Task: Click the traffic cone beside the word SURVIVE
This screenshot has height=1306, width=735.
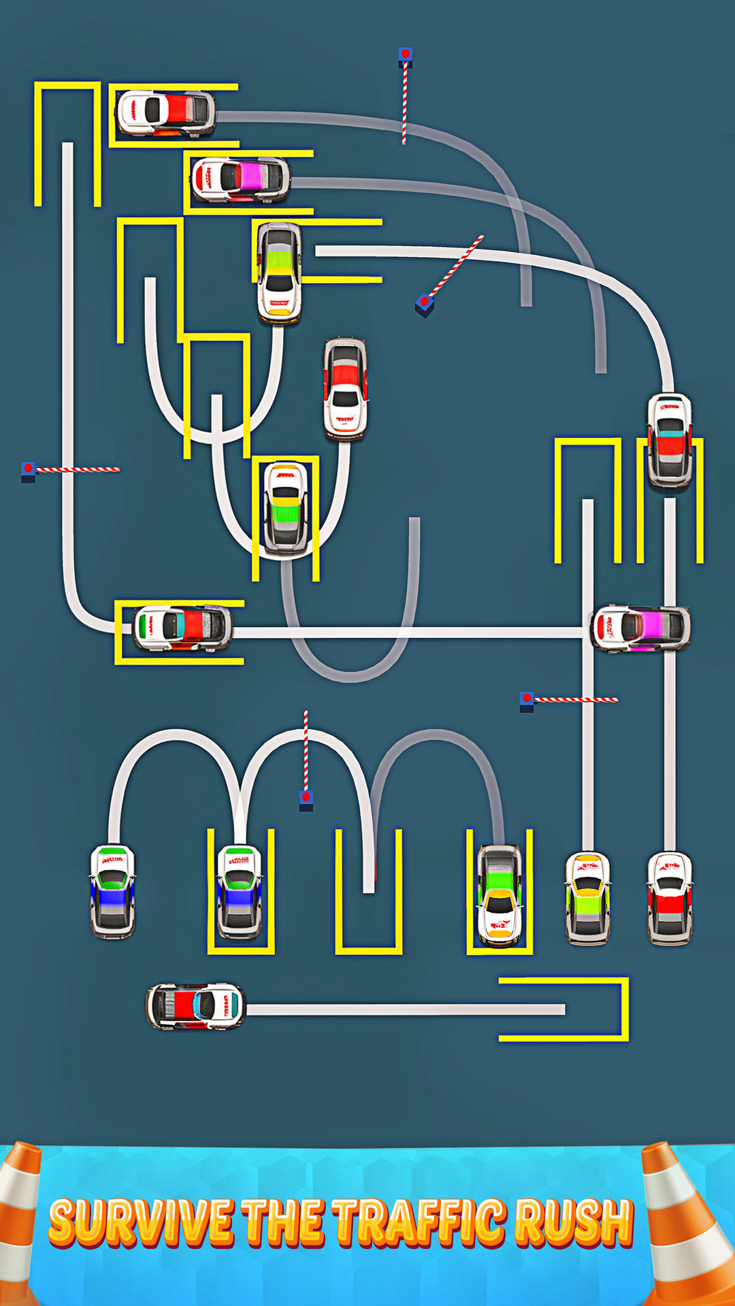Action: coord(19,1218)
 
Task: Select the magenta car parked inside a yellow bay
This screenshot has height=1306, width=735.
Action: coord(240,179)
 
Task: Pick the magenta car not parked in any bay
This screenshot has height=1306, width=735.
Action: coord(640,627)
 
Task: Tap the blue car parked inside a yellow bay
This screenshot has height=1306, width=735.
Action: coord(240,890)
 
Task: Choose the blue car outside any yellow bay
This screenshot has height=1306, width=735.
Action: coord(113,890)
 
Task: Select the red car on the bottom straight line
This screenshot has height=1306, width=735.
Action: coord(195,1005)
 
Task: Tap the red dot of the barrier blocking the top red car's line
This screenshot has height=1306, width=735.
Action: coord(406,54)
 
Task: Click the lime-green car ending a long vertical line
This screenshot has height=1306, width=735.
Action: coord(588,898)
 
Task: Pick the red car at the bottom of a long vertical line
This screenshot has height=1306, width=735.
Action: coord(670,898)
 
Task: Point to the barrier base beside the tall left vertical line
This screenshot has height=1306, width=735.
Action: coord(28,471)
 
